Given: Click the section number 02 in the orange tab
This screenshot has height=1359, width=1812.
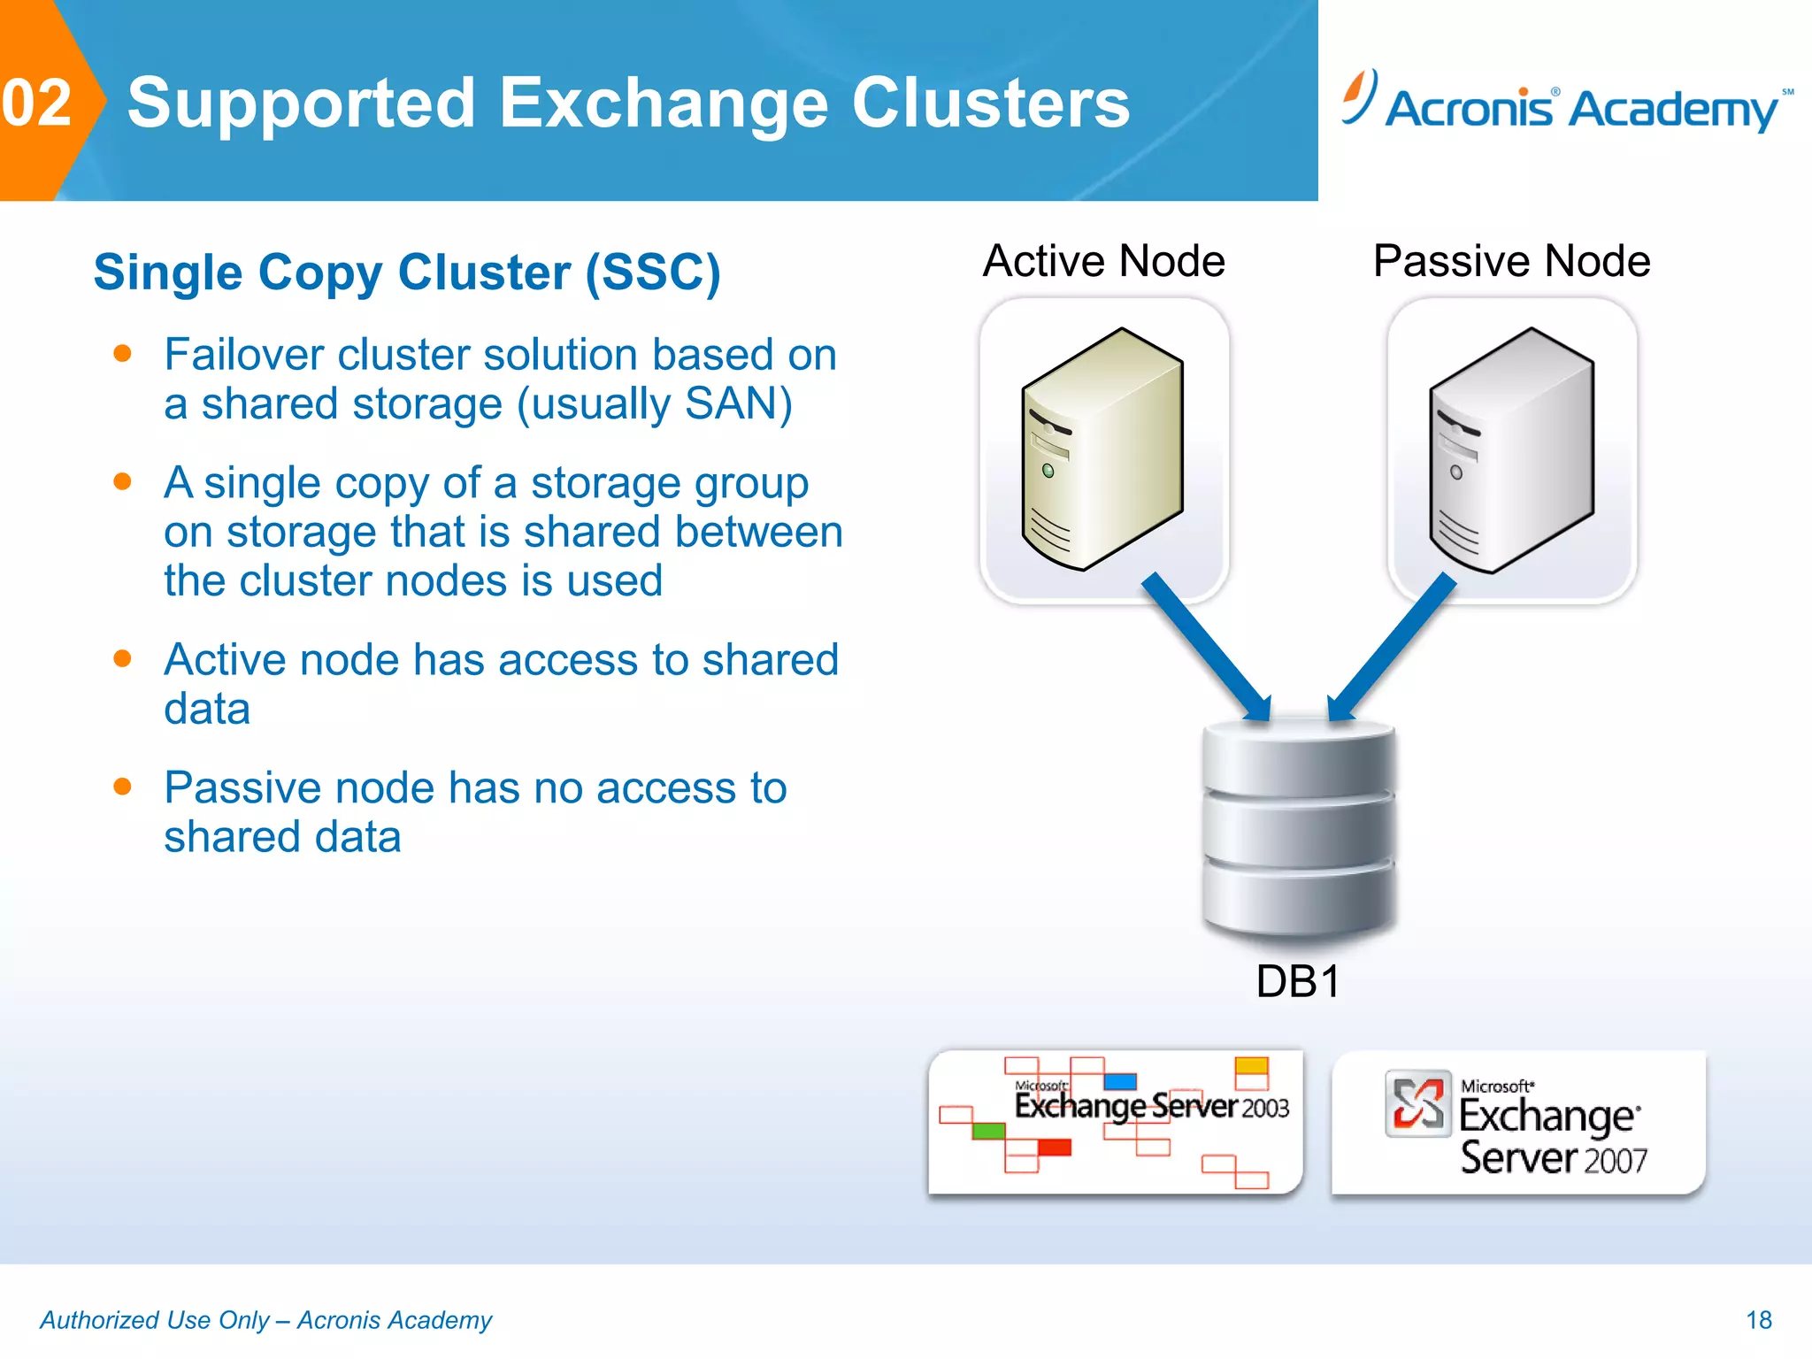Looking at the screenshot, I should click(x=36, y=103).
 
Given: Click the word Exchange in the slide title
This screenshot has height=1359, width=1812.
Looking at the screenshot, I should click(x=664, y=103).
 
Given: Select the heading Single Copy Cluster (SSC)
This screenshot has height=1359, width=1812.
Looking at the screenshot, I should click(x=407, y=272).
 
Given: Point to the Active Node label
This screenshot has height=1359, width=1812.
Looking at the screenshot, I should click(x=1103, y=261).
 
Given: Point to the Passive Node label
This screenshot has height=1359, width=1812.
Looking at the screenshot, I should click(x=1511, y=261).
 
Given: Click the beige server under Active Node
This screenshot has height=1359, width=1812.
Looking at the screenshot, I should click(x=1102, y=449).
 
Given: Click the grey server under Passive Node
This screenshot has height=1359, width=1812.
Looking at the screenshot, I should click(x=1511, y=449).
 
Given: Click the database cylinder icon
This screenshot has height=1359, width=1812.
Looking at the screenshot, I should click(x=1299, y=827).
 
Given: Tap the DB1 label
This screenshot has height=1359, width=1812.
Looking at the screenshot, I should click(x=1298, y=981).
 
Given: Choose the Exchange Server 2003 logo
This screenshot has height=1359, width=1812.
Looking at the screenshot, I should click(x=1115, y=1121).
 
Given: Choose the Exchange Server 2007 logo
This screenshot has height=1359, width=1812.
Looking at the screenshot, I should click(x=1518, y=1121).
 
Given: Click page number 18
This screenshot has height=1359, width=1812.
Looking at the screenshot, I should click(x=1758, y=1320).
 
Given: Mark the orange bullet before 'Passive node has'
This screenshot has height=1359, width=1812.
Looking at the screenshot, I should click(x=123, y=787).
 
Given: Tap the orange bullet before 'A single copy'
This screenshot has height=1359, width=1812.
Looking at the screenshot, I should click(x=123, y=481).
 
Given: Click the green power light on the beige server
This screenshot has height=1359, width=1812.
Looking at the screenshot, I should click(x=1048, y=471).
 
